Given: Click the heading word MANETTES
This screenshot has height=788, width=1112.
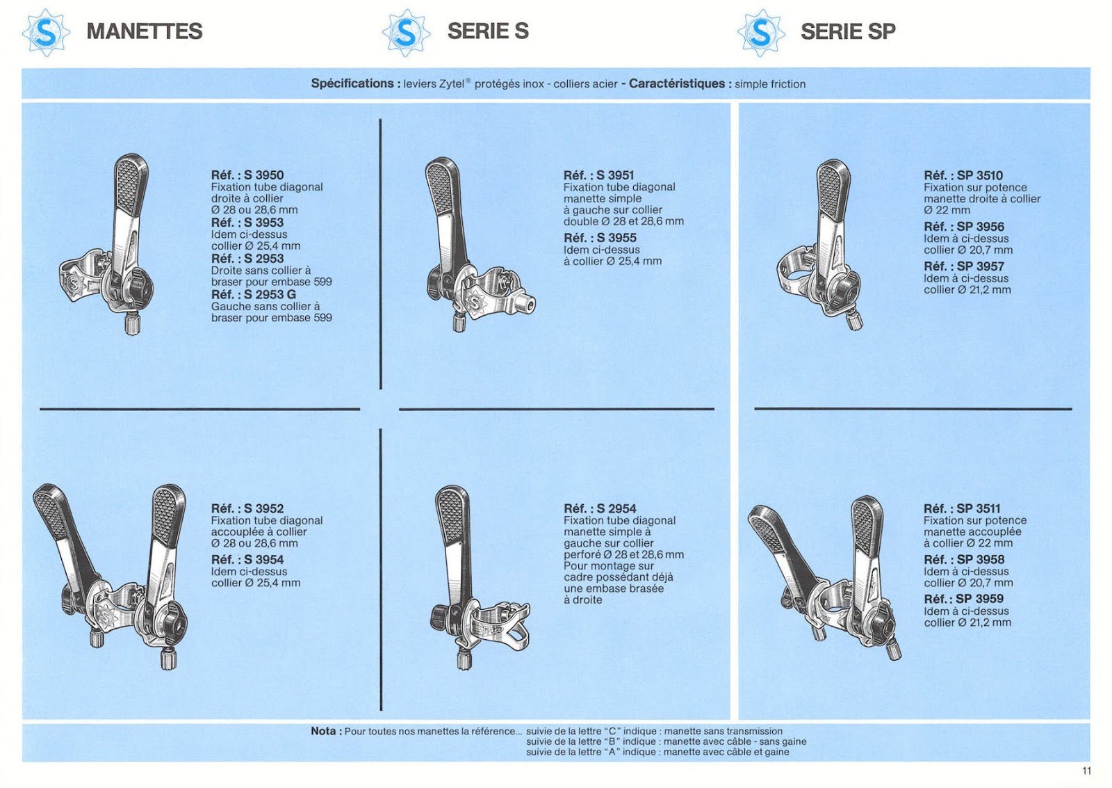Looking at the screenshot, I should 145,31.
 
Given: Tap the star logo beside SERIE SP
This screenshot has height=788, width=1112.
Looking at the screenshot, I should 761,32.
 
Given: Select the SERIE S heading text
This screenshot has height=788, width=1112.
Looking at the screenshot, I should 488,31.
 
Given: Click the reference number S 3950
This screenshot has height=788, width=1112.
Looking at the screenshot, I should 263,175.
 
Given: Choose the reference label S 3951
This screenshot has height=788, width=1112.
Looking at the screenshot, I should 615,175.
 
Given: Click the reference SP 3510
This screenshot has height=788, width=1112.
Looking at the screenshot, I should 979,176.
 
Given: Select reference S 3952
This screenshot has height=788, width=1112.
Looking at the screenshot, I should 263,509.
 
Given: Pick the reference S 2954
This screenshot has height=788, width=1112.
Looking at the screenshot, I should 616,509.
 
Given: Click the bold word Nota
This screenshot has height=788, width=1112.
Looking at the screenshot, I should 323,731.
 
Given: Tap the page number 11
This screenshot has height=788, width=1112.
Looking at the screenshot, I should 1086,771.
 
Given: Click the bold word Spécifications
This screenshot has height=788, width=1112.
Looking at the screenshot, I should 352,83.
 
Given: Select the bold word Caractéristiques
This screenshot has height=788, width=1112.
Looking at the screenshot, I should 677,83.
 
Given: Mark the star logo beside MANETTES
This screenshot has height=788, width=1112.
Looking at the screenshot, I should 46,32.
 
